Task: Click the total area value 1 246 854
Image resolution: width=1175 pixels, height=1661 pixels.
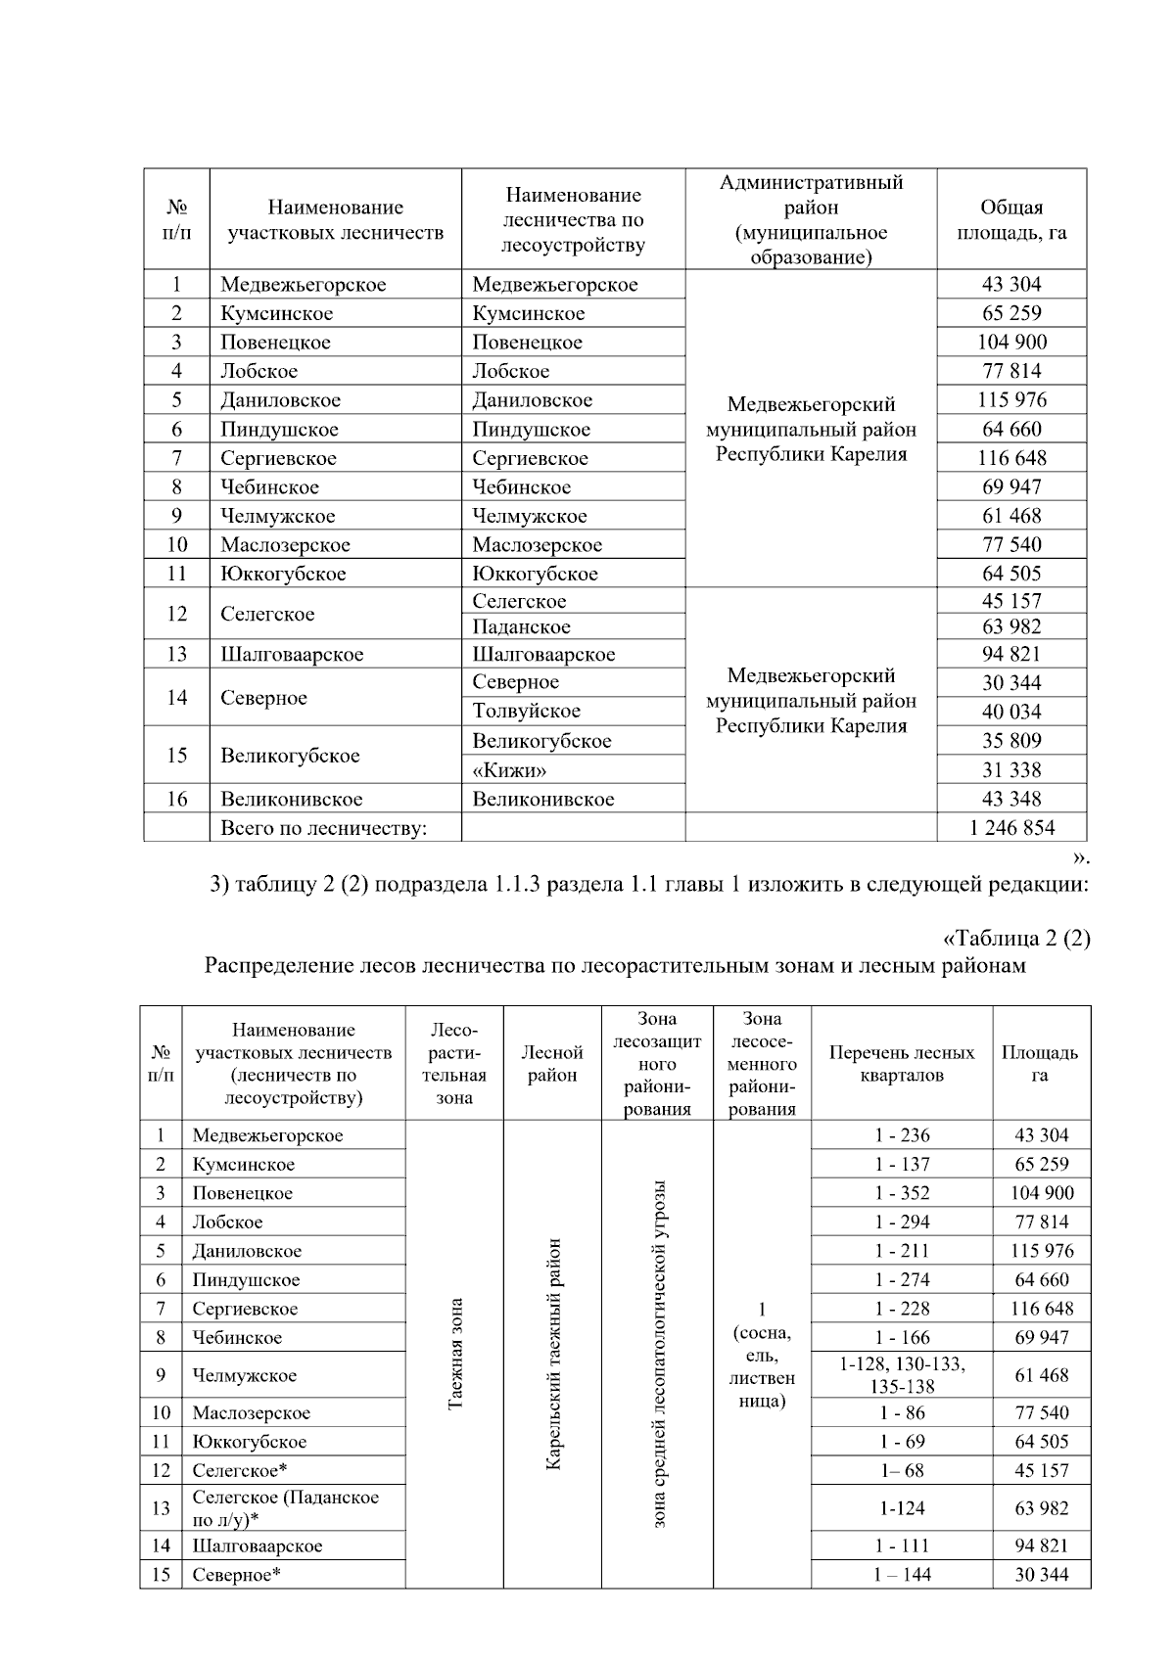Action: [x=1011, y=828]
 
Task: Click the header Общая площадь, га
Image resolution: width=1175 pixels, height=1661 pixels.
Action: [x=1011, y=220]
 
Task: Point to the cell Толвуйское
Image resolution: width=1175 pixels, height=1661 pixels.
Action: [x=526, y=712]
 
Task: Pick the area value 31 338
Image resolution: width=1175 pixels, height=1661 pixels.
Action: [x=1011, y=770]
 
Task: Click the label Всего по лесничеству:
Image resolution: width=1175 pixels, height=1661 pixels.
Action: [x=324, y=828]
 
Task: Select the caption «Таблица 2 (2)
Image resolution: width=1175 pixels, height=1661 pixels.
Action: [x=1015, y=938]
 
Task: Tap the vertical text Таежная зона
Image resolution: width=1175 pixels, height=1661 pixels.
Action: [x=454, y=1355]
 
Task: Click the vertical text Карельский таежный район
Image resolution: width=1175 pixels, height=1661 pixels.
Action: [x=552, y=1355]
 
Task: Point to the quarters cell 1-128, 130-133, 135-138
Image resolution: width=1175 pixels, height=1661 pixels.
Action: [x=902, y=1375]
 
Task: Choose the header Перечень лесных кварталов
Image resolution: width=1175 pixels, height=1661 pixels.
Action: [x=902, y=1064]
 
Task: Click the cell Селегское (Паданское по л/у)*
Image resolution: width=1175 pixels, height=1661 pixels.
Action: [x=285, y=1508]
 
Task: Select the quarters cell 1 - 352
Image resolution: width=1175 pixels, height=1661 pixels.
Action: [x=902, y=1193]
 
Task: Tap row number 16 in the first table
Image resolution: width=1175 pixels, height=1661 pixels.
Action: [x=176, y=799]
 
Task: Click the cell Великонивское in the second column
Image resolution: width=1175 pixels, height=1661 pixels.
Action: [x=291, y=799]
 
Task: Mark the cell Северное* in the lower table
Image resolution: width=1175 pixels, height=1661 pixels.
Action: [x=237, y=1575]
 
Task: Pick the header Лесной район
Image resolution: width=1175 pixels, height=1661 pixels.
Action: [x=552, y=1064]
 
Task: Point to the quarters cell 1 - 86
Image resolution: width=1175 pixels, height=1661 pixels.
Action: [x=902, y=1412]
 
